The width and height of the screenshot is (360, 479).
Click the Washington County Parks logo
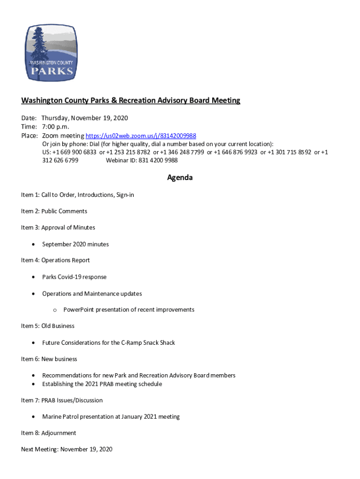point(51,53)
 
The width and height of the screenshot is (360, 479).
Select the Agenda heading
point(180,178)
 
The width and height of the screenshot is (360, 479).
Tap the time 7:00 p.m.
point(55,127)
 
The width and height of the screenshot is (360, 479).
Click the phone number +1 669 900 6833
point(75,152)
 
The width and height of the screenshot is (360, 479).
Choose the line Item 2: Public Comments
point(54,211)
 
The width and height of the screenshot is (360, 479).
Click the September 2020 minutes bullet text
point(75,244)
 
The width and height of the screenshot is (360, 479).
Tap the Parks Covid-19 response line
point(74,277)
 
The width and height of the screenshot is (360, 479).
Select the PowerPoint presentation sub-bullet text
point(129,310)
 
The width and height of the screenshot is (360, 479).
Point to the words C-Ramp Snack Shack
point(148,343)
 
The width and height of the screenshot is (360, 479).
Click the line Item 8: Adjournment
point(49,433)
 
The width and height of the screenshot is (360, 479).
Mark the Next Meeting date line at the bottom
point(67,450)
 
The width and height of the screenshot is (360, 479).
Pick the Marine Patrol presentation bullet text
point(111,417)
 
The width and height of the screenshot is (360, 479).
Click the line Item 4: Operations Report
point(55,260)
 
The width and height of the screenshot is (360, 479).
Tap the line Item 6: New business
point(49,359)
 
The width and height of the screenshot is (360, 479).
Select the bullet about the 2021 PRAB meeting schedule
point(102,384)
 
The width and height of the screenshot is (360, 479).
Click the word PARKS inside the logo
point(51,71)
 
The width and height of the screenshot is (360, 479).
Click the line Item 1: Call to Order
point(78,195)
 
